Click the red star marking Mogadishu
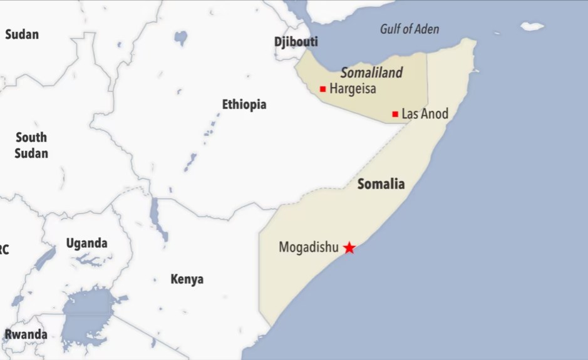coord(349,248)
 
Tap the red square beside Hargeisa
coord(322,89)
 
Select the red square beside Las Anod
coord(395,114)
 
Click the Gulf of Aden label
coord(410,29)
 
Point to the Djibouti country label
coord(296,42)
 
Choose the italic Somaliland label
coord(371,73)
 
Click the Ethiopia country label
coord(244,105)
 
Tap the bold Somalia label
coord(381,184)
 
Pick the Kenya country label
coord(187,279)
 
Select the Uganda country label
coord(86,243)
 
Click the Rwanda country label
coord(26,334)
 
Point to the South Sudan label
coord(31,145)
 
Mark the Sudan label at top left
coord(22,34)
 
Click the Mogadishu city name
coord(308,247)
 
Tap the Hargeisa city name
coord(353,89)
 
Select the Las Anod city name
coord(425,114)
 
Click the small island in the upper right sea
coord(532,26)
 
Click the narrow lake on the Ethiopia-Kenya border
coord(155,216)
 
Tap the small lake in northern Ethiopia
coord(181,38)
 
